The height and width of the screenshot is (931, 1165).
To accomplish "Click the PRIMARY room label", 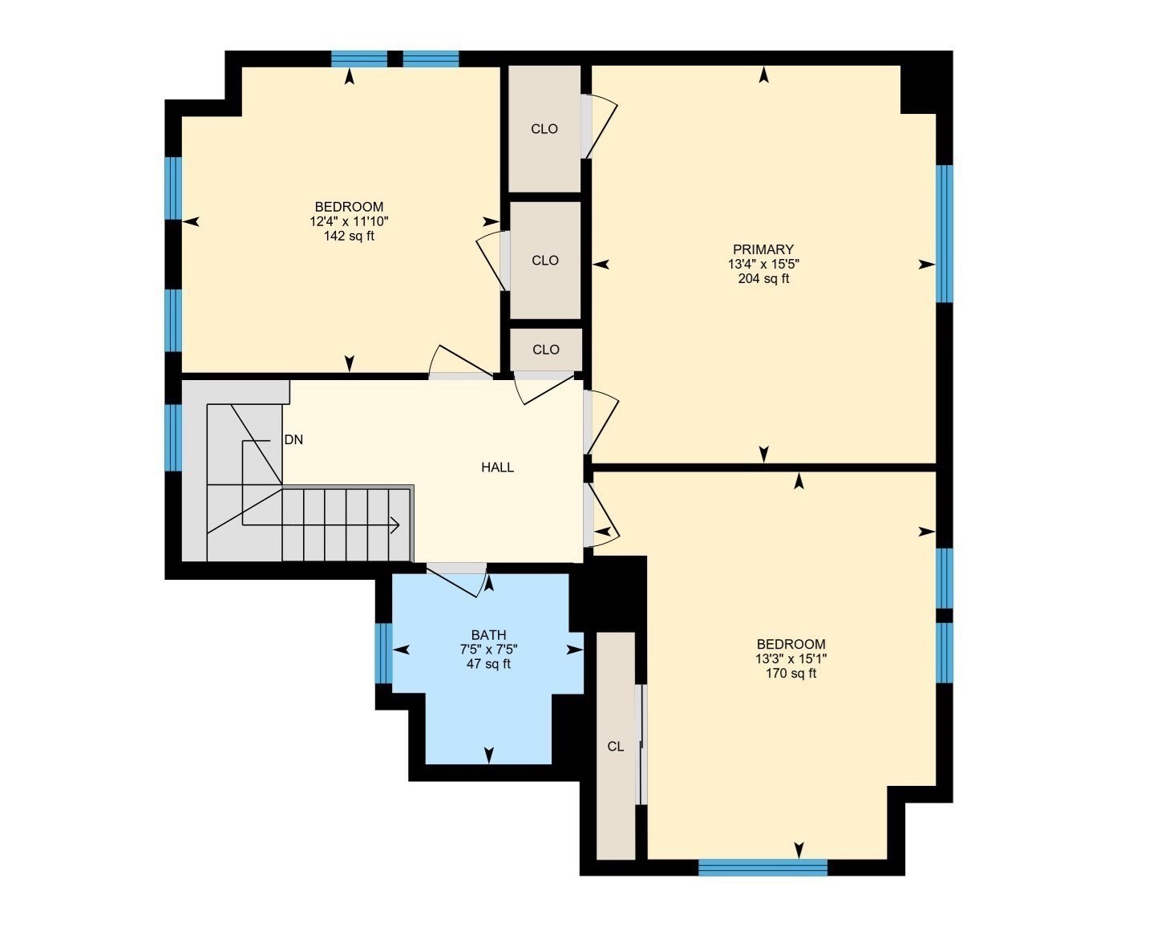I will coord(763,249).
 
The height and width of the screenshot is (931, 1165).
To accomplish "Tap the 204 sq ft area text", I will coord(763,279).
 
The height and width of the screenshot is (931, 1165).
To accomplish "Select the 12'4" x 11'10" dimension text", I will coord(349,221).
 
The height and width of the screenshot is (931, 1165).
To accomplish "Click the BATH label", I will coord(488,635).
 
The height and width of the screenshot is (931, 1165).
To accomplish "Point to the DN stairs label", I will coord(293,439).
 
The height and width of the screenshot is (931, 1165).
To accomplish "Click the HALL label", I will coord(497,468).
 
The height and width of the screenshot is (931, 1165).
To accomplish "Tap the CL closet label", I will coord(615,747).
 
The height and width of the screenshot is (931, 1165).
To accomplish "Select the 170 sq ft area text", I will coord(791,674).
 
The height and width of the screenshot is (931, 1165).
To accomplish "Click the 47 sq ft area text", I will coord(488,664).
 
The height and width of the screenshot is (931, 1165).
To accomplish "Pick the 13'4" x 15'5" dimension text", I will coord(763,264).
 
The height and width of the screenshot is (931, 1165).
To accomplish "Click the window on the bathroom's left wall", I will coord(384,653).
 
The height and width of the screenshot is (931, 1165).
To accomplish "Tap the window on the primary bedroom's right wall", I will coord(945,233).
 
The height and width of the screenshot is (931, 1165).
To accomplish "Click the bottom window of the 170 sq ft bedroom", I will coord(763,867).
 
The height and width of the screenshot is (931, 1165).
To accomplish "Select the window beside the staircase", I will coord(173,438).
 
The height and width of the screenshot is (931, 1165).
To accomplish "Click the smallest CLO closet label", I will coord(545,350).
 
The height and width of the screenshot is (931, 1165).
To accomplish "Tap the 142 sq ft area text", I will coord(349,236).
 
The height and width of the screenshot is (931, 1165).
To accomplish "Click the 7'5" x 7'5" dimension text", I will coord(488,650).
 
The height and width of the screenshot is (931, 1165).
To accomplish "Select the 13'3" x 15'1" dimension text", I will coord(791,659).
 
